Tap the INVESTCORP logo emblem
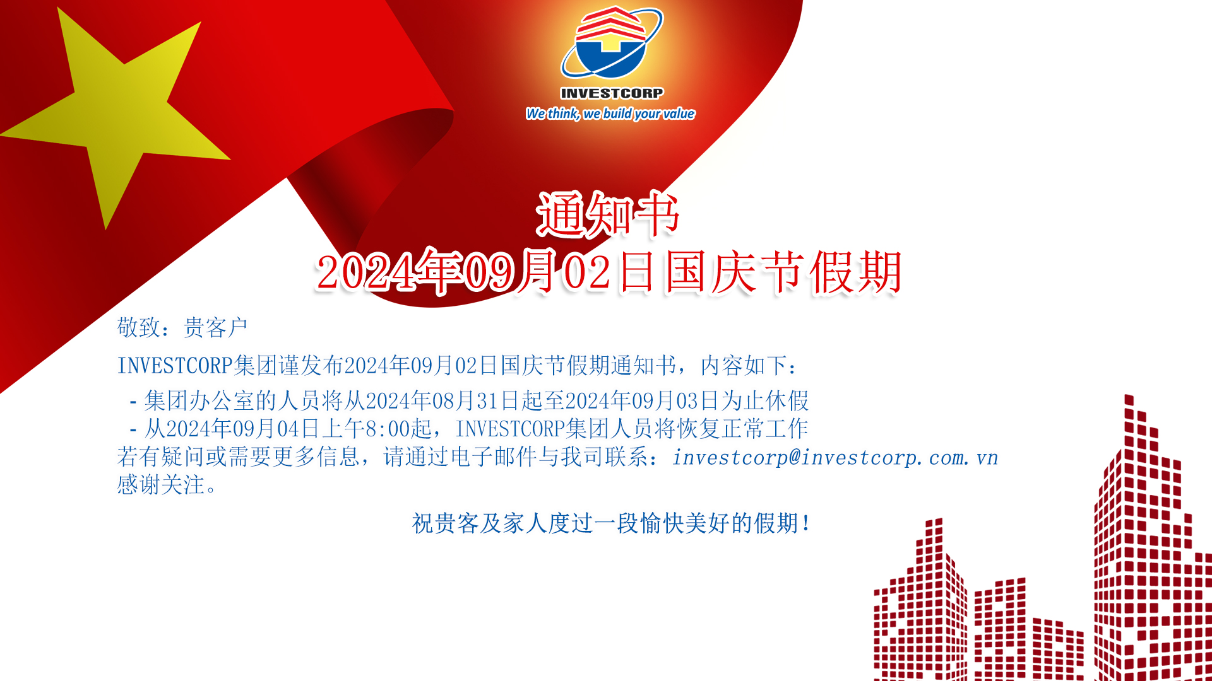pos(612,42)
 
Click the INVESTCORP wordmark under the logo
pos(612,93)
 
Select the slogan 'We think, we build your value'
pos(610,113)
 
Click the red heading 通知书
pos(608,214)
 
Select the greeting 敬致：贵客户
pos(182,327)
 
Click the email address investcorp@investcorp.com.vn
pos(835,457)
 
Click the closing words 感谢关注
pos(161,485)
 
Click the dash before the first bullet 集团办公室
pos(133,401)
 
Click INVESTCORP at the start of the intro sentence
pos(175,366)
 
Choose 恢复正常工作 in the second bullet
pos(743,429)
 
